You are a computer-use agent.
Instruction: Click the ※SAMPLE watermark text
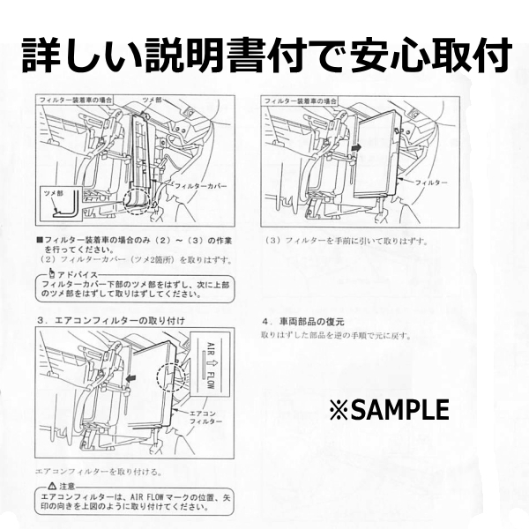388,409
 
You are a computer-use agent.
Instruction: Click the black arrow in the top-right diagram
354,151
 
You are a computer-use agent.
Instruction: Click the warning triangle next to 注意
55,486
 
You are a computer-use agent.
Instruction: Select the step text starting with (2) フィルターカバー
135,260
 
